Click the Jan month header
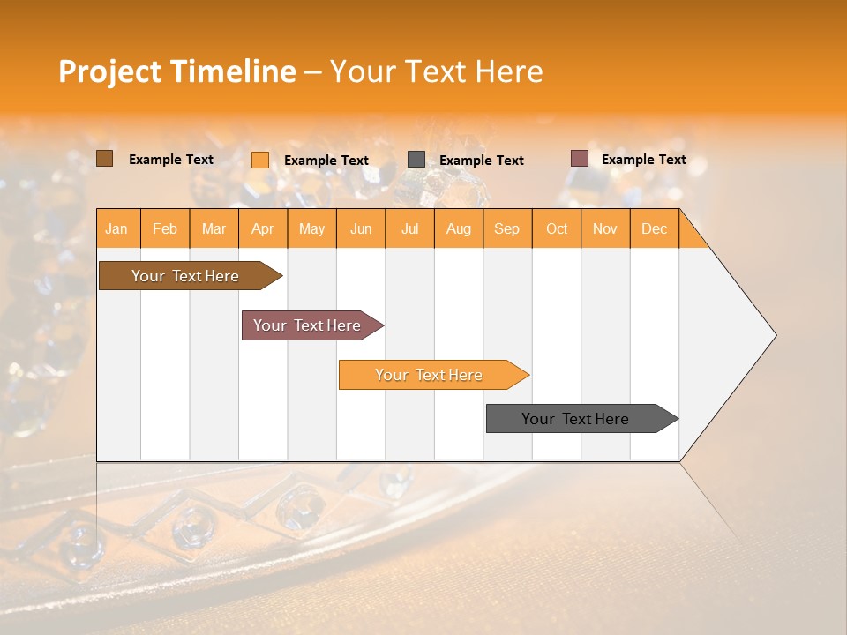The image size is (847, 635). coord(117,228)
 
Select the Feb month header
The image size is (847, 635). coord(165,228)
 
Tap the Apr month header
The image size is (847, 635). coord(263,228)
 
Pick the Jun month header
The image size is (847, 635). coord(361,228)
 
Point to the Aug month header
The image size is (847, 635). coord(459,228)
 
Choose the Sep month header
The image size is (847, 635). coord(507,228)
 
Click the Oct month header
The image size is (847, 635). coord(557,228)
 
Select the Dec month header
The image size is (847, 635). coord(655,228)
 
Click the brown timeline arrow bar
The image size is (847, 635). coord(186,276)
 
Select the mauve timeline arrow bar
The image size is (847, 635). coord(308,325)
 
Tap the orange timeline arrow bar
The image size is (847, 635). coord(430,375)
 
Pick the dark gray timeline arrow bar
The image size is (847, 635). coord(576,419)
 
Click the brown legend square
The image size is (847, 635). coord(105,159)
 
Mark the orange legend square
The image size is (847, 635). coord(260,160)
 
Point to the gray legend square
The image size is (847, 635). coord(416,159)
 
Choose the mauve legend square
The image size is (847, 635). coord(580,159)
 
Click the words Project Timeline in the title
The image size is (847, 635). coord(177,71)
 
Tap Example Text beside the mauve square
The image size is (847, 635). coord(644,160)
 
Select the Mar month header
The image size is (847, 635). coord(214,228)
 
